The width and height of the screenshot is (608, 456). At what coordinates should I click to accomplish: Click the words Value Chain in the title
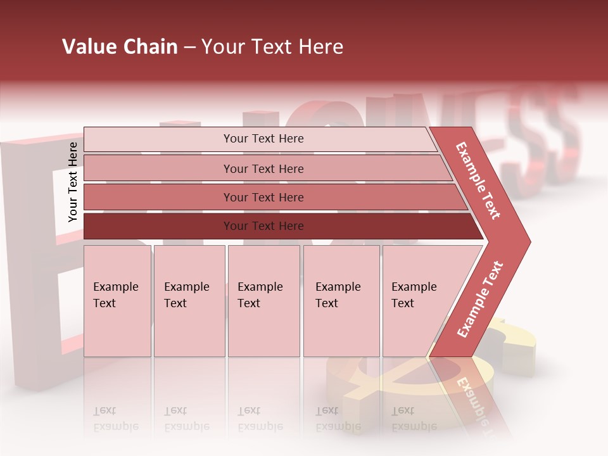click(x=120, y=47)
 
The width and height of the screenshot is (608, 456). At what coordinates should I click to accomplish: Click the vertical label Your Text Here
click(x=73, y=182)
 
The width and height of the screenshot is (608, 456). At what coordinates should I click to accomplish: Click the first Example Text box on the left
click(x=117, y=301)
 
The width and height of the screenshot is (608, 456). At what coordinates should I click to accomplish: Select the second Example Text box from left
click(x=189, y=301)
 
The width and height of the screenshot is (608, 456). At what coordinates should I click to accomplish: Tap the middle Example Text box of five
click(x=263, y=301)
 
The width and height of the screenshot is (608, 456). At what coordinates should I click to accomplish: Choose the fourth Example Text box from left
click(x=341, y=301)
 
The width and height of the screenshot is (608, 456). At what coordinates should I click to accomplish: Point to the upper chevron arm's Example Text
click(x=478, y=180)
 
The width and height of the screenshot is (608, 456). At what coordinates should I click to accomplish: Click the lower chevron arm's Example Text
click(x=480, y=300)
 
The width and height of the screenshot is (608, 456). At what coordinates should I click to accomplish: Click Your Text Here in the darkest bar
click(x=263, y=226)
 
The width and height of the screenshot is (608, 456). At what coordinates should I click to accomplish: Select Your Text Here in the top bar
click(x=263, y=139)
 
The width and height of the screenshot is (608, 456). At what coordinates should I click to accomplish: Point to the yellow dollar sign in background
click(x=513, y=342)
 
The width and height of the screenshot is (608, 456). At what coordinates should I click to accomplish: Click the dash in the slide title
click(x=189, y=47)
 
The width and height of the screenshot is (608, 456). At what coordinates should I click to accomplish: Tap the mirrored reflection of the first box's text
click(x=115, y=419)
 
